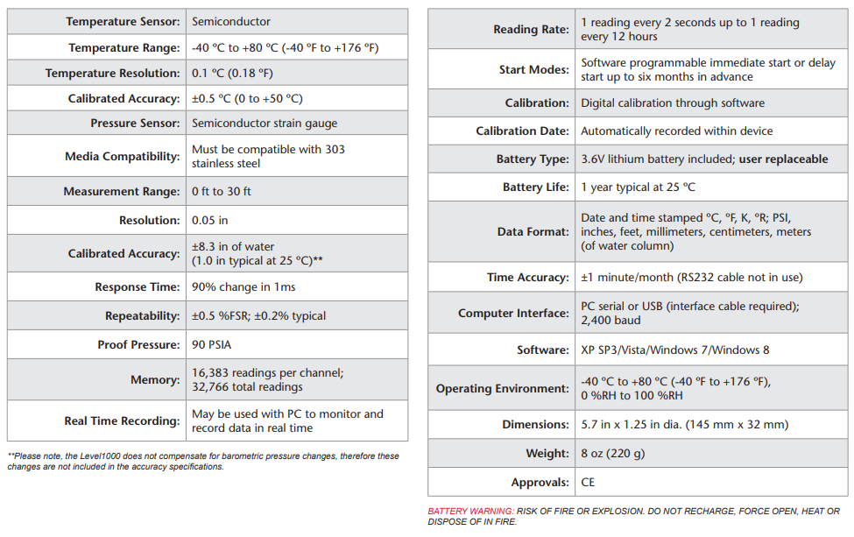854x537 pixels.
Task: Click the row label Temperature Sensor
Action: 124,21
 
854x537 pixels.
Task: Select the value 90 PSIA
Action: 211,344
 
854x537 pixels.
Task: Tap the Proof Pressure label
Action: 138,344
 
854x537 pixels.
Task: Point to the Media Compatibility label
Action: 122,156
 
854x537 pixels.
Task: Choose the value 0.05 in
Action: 209,220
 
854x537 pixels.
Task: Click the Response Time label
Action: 137,286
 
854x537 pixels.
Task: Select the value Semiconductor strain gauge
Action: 265,123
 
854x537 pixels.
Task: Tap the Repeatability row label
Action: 142,315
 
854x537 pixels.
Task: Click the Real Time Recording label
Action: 122,420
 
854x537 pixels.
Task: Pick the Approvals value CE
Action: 588,482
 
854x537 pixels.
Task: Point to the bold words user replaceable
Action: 783,159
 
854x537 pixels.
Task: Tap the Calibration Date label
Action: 522,131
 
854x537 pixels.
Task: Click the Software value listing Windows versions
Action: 675,350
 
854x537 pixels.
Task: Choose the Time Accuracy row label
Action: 528,277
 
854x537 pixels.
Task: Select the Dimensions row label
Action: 535,424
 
